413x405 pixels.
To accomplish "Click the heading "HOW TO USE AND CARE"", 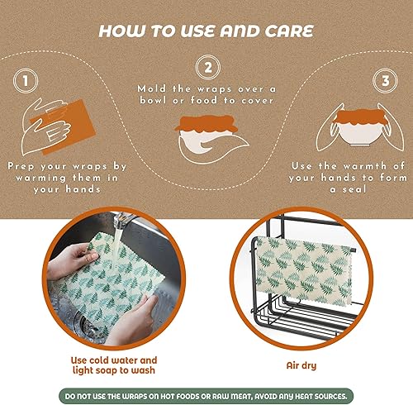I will tap(206, 31).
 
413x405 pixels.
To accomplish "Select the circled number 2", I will tap(207, 68).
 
